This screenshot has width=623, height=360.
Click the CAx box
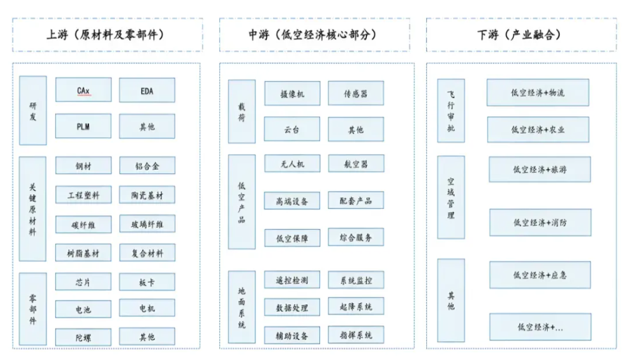(83, 90)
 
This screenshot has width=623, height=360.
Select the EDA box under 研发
(147, 90)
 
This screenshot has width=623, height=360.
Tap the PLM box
(83, 126)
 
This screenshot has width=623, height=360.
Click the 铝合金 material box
(147, 166)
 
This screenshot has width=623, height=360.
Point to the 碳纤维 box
(83, 224)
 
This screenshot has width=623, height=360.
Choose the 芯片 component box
(83, 282)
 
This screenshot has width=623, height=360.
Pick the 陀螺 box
(83, 337)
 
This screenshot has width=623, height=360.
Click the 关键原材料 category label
(33, 209)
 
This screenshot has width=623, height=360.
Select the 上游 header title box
(106, 35)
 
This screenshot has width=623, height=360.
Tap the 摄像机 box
(292, 93)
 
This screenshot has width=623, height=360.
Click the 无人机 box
(292, 164)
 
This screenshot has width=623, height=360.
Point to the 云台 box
(292, 129)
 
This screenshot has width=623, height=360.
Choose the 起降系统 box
(356, 307)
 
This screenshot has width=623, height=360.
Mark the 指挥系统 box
(356, 335)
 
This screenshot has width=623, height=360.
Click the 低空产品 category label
(242, 202)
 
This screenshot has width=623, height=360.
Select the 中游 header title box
(314, 35)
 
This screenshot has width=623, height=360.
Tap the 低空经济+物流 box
(538, 92)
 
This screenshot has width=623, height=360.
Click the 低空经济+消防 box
(540, 223)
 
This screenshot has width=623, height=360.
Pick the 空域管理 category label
(451, 197)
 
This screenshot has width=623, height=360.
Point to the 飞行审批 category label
(451, 111)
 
